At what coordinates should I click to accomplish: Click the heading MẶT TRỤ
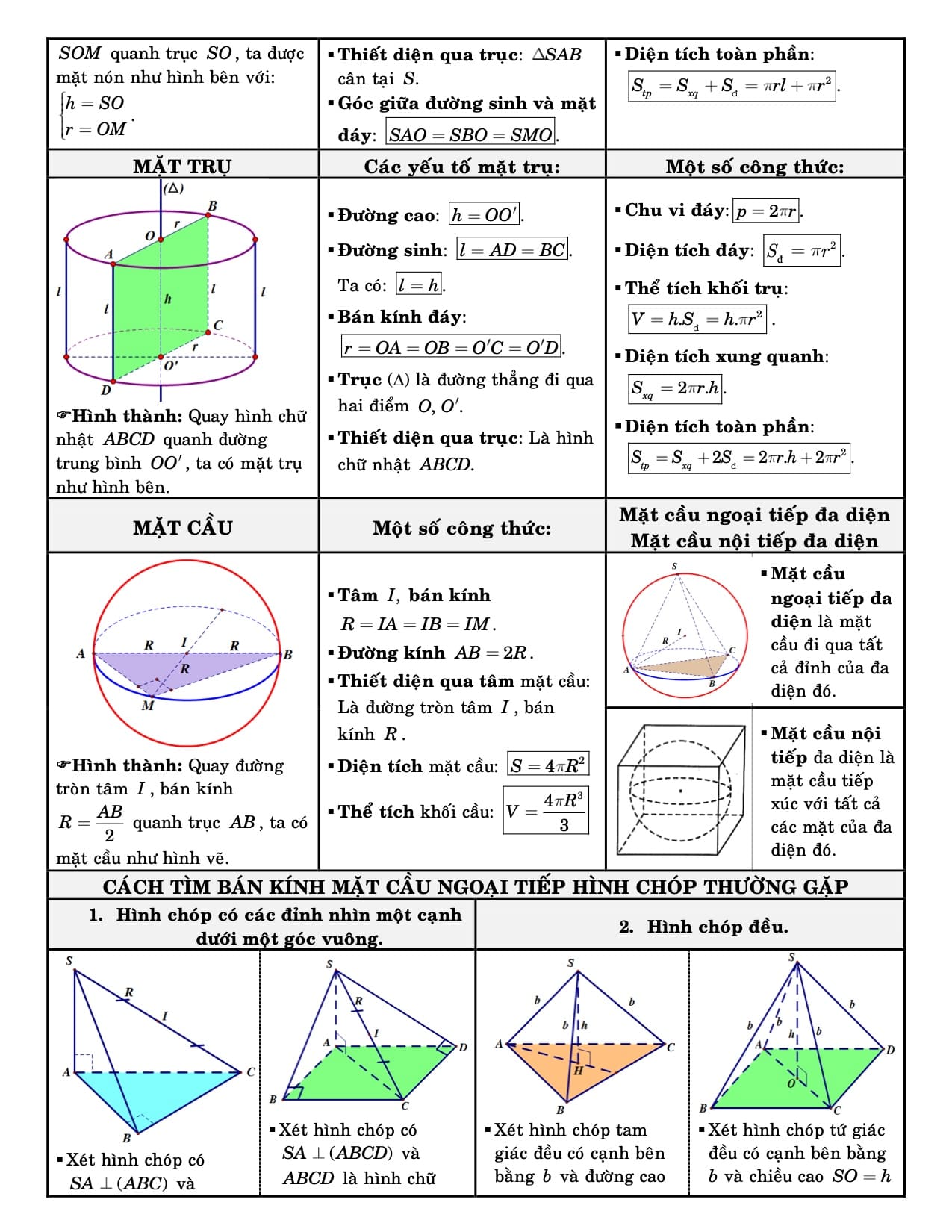point(182,166)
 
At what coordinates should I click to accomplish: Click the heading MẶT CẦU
point(182,528)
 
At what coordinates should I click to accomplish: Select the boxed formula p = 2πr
point(767,211)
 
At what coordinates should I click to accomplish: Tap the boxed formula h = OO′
point(485,215)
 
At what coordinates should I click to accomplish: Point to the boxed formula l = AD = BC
point(512,250)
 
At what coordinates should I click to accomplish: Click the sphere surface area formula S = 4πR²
point(547,765)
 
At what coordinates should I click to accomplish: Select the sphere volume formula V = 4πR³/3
point(546,811)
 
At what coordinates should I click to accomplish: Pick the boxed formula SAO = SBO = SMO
point(470,134)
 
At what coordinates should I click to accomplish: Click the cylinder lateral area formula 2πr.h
point(676,388)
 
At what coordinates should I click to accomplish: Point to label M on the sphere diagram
point(148,706)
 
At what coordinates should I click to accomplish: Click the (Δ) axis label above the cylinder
point(173,188)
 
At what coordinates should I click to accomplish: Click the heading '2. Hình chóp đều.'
point(703,927)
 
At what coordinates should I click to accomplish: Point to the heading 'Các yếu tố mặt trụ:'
point(461,167)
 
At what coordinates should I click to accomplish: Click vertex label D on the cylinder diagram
point(106,390)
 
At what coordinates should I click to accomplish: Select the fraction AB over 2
point(109,822)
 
